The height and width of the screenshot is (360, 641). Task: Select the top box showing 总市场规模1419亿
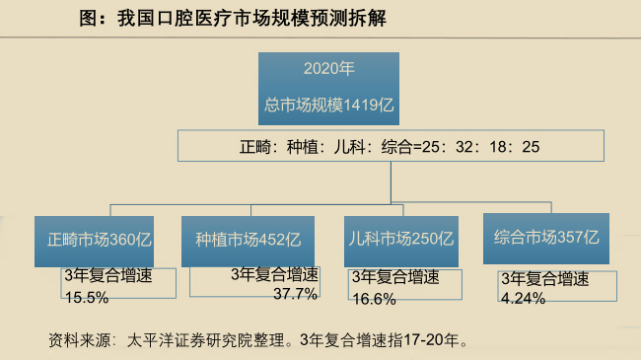click(328, 90)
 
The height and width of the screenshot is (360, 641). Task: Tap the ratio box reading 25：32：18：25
click(391, 147)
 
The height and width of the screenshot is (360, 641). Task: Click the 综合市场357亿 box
click(546, 238)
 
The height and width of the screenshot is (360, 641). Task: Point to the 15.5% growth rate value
click(85, 295)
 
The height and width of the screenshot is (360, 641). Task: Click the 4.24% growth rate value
click(524, 298)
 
